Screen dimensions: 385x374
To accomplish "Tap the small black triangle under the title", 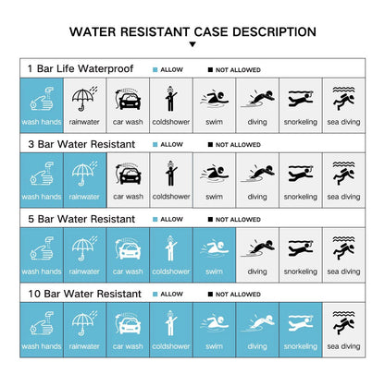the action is (x=192, y=44).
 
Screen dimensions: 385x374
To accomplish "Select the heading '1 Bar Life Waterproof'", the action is (x=81, y=68).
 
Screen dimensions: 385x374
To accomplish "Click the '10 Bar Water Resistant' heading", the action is (x=85, y=294).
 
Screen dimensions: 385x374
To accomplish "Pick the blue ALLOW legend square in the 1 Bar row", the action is (x=155, y=70).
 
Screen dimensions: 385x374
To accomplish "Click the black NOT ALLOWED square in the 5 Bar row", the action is (x=210, y=220).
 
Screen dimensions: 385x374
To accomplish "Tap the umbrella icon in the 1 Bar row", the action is (x=84, y=98).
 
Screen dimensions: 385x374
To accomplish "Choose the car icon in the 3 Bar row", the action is (x=128, y=174).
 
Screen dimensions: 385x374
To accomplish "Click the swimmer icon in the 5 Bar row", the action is (x=215, y=248).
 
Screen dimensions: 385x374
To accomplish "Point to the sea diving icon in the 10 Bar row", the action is (x=343, y=322).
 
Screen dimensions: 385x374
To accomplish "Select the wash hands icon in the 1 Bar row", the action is (x=42, y=99).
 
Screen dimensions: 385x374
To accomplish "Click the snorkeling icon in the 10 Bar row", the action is (x=301, y=323).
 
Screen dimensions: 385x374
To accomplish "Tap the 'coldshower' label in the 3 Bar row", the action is (x=171, y=197).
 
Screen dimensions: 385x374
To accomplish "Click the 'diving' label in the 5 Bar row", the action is (x=257, y=271).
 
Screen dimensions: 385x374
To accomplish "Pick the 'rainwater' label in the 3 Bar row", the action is (x=84, y=197).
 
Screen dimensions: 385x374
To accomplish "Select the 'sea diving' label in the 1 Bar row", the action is (x=343, y=122).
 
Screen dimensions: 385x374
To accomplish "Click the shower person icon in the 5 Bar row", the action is (x=170, y=248).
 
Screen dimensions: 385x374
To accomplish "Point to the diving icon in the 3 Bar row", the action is (x=257, y=174).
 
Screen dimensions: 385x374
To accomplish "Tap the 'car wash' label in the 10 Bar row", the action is (x=128, y=346).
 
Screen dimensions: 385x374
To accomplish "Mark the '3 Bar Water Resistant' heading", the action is (x=81, y=144).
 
